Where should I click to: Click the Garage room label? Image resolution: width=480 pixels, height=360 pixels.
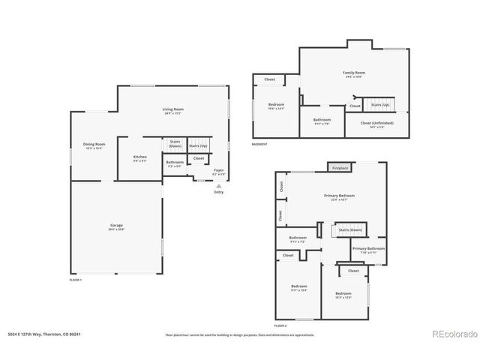pos(117,226)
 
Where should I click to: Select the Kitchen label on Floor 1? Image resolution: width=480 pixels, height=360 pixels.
pos(140,157)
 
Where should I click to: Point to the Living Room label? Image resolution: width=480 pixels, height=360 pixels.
pos(173,109)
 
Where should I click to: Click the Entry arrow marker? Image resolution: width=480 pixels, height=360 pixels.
pos(218,185)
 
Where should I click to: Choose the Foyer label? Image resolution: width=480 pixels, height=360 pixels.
pos(218,170)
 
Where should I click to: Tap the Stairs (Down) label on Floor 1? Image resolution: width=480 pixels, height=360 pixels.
pos(175,143)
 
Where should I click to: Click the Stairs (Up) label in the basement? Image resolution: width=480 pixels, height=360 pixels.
pos(380,105)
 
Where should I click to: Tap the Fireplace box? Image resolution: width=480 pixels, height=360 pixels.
pos(340,168)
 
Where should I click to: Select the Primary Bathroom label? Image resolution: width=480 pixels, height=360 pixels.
pos(368,248)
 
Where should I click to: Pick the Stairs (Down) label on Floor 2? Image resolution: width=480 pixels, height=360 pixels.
pos(350,229)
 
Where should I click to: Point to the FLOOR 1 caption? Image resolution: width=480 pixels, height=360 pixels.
pos(76,280)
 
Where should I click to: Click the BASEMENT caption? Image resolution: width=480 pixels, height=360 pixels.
pos(259,144)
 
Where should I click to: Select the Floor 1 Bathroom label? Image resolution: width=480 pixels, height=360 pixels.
pos(175,163)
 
